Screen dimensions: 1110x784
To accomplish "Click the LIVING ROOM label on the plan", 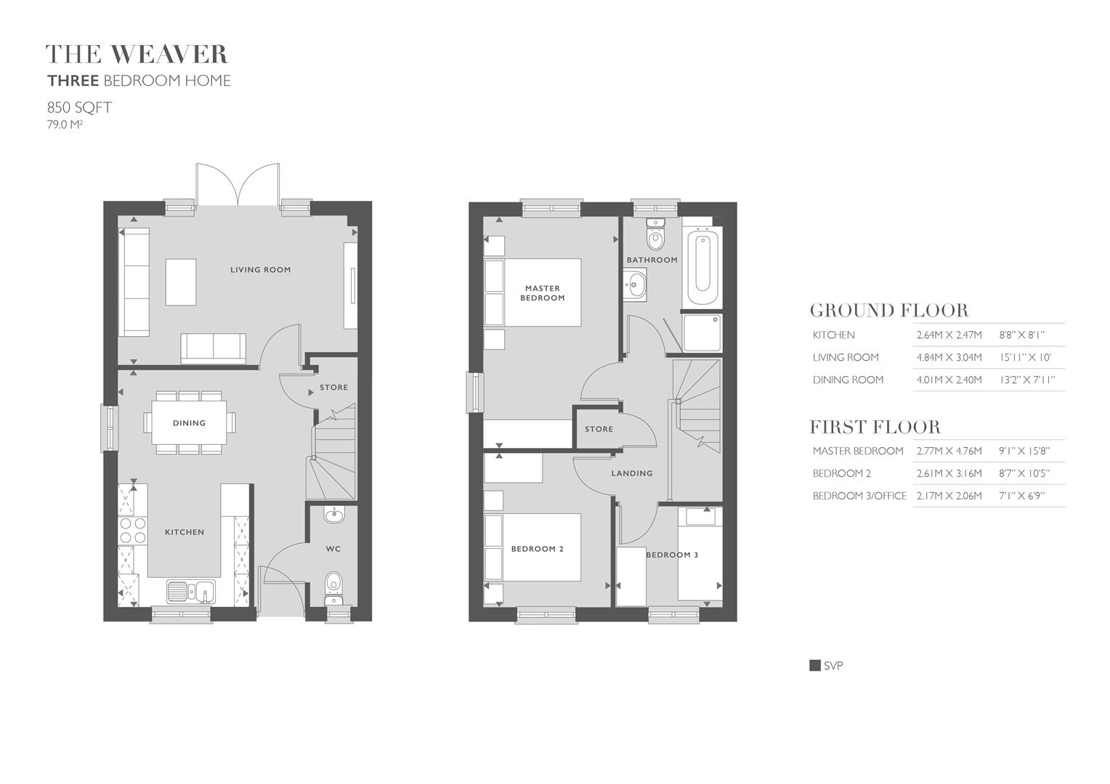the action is (x=260, y=270).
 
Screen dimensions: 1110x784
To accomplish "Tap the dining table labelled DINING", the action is (x=190, y=422).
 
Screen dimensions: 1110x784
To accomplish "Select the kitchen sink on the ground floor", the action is (x=190, y=592).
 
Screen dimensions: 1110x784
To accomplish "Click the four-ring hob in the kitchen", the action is (x=133, y=531).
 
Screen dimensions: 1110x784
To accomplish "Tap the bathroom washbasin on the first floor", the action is (x=635, y=285).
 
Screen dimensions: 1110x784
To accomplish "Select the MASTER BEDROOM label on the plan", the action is (x=542, y=293).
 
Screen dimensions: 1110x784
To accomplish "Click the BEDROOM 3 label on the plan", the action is (x=672, y=555).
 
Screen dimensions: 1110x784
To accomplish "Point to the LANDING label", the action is (x=632, y=473).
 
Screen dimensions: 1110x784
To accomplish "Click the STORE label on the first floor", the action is (x=599, y=429).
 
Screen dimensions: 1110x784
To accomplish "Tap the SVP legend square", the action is (x=814, y=665).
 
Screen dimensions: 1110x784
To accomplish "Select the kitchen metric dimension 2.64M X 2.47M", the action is (x=949, y=335).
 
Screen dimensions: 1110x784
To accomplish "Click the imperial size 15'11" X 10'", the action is (x=1025, y=357).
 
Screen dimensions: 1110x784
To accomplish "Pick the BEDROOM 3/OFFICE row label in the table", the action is (x=859, y=496).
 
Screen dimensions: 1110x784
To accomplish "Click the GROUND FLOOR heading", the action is (x=889, y=310).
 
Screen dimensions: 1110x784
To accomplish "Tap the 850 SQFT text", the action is (x=79, y=107).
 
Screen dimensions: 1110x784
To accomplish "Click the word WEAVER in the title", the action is (x=169, y=54).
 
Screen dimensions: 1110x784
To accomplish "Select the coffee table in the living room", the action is (x=181, y=282).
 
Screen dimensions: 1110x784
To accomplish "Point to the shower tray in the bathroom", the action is (x=702, y=332).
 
